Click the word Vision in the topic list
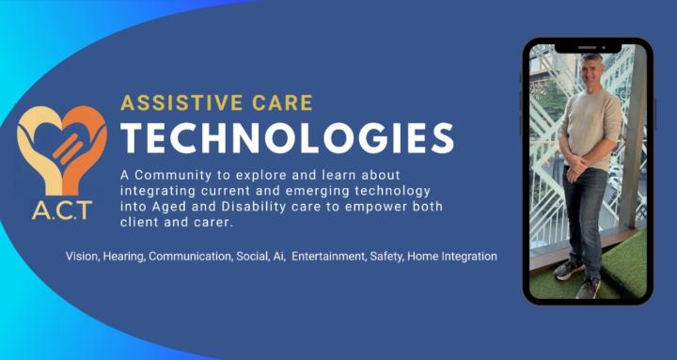pyautogui.click(x=82, y=256)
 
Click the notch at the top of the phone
pyautogui.click(x=588, y=47)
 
